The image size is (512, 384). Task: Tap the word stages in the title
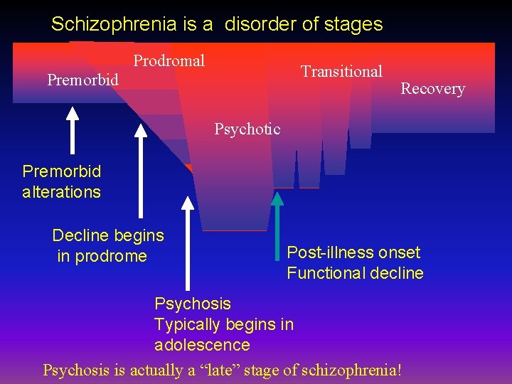(353, 24)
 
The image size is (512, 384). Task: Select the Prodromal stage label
(169, 60)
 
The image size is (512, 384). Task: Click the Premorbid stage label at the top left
(82, 80)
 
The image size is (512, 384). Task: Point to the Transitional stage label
(341, 71)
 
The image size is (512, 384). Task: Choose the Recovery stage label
(432, 89)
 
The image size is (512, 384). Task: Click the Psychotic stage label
(247, 129)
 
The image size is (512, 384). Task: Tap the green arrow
(277, 213)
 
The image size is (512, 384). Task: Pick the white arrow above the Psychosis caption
(187, 242)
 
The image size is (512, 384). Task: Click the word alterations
(61, 192)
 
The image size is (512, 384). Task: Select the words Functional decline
(355, 273)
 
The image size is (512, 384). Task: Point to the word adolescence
(202, 346)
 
